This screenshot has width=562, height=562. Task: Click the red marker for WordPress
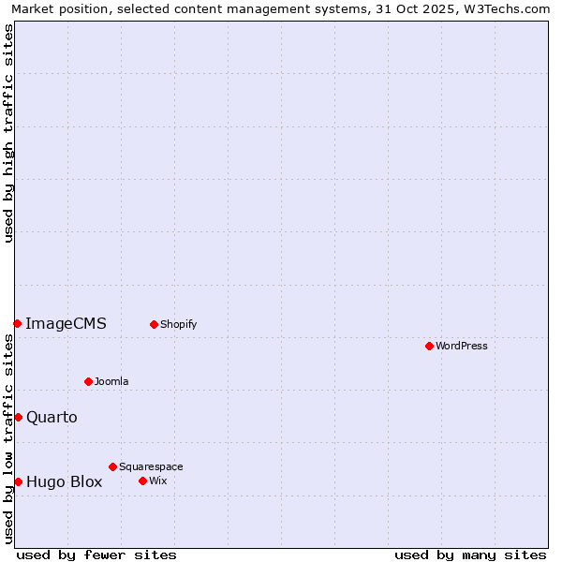point(429,346)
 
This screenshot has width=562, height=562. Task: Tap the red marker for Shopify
point(154,324)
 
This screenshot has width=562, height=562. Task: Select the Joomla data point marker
point(88,381)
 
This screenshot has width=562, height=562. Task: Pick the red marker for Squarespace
point(112,466)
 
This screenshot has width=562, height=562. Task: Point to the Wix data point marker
point(142,481)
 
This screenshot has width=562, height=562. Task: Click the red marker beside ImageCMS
point(17,323)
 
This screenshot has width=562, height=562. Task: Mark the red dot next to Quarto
point(18,417)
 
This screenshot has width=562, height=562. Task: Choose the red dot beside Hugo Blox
point(18,481)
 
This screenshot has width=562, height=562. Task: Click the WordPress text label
point(462,346)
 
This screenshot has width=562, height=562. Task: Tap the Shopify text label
point(178,324)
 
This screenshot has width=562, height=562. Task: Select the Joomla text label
point(111,381)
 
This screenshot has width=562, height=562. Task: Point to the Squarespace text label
point(151,466)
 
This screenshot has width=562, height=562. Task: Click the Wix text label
point(157,481)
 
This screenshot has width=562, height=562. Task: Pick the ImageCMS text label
point(66,324)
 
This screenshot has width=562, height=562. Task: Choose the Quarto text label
point(52,417)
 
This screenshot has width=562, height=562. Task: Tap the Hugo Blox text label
point(64,482)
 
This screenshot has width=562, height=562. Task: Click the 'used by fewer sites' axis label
point(96,555)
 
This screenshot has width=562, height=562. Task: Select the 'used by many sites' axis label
point(470,555)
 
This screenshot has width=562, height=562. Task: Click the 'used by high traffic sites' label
point(8,133)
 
